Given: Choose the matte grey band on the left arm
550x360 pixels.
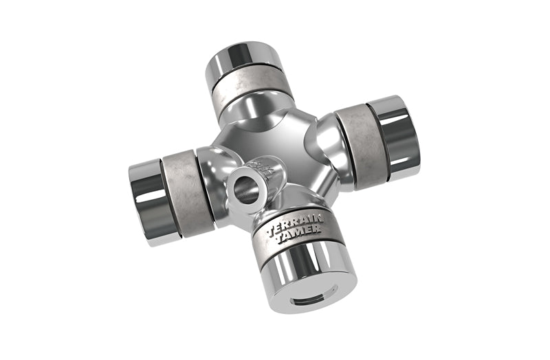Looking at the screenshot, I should pyautogui.click(x=180, y=194).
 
